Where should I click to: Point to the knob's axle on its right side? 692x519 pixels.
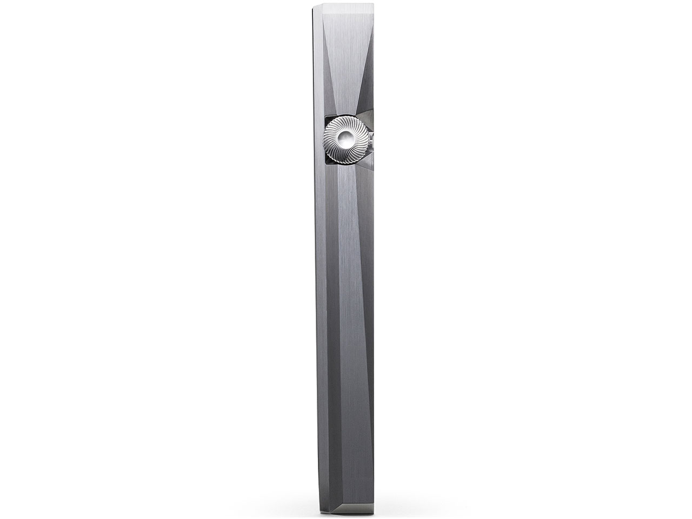point(371,140)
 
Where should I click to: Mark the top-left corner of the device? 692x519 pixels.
point(314,5)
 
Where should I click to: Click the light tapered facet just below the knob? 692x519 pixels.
point(346,195)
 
